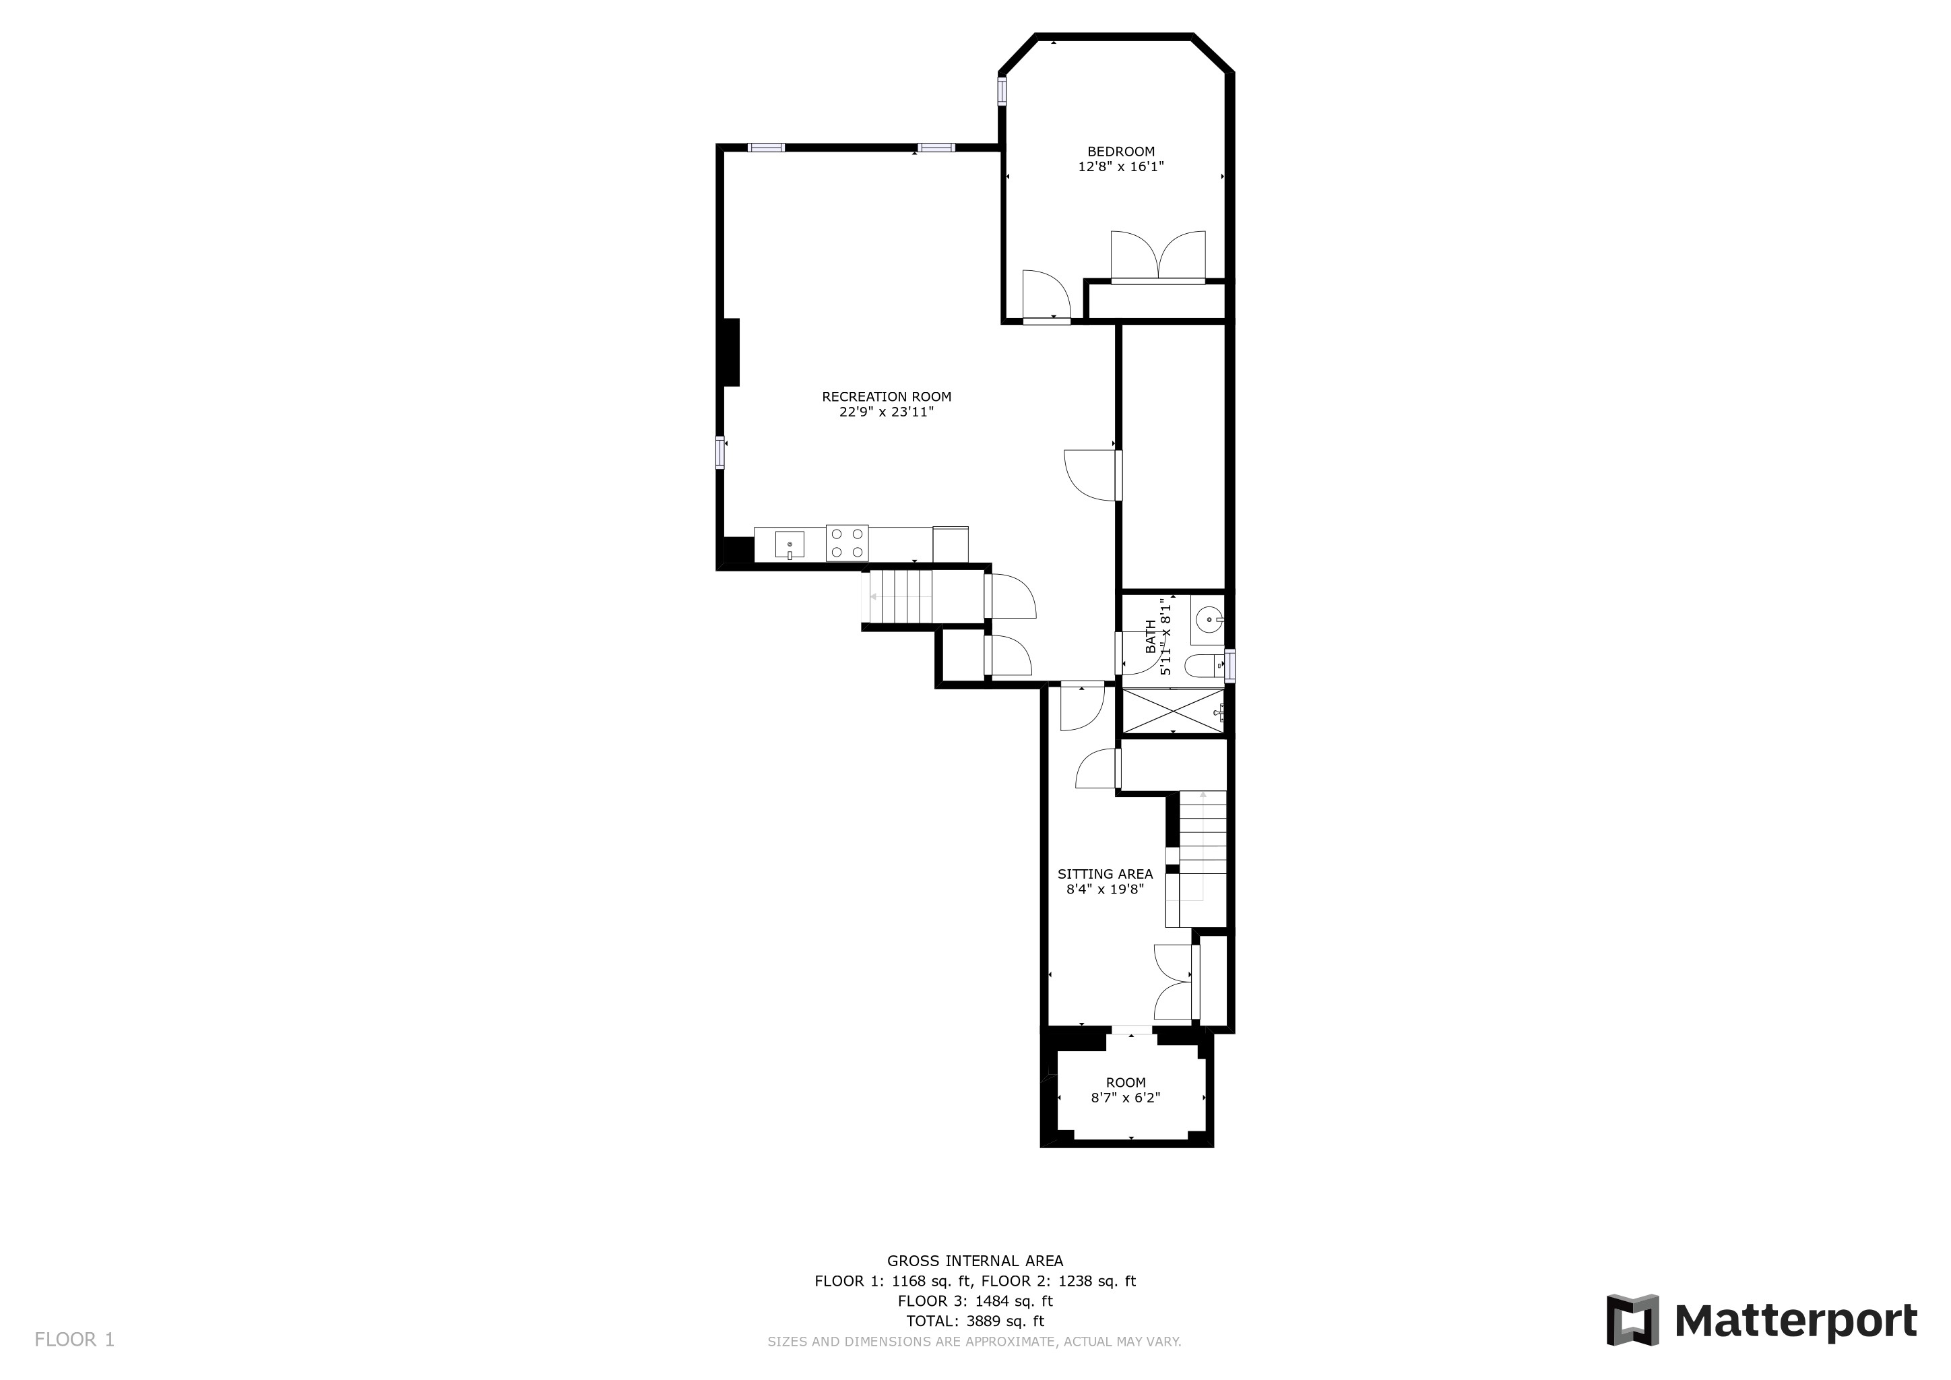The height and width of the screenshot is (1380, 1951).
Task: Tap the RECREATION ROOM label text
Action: coord(887,397)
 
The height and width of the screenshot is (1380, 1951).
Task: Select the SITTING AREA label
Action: coord(1105,873)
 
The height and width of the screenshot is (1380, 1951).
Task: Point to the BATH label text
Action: coord(1151,637)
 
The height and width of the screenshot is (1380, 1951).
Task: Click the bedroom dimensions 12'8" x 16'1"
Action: coord(1121,167)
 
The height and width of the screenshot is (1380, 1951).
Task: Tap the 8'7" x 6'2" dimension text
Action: coord(1125,1098)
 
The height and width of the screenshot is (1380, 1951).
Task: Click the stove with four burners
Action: coord(847,544)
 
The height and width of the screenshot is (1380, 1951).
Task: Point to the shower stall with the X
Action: coord(1174,710)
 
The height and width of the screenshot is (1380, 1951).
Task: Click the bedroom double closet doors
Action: coord(1158,256)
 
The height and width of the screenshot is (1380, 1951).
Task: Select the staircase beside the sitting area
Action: coord(1202,858)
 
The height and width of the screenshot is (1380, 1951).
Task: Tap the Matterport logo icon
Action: coord(1632,1319)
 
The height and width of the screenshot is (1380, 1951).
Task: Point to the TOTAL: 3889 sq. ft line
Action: coord(975,1321)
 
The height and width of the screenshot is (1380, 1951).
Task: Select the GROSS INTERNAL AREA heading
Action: coord(975,1261)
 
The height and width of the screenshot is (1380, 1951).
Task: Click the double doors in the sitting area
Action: coord(1174,982)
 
